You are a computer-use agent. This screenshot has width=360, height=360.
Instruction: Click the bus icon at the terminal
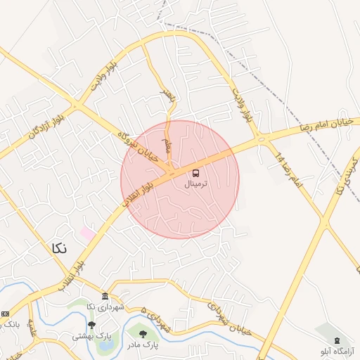click(x=195, y=173)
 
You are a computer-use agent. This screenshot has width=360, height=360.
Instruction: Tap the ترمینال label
click(x=197, y=184)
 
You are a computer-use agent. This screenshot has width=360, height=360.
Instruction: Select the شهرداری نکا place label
click(x=105, y=307)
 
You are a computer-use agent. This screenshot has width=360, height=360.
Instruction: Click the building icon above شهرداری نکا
click(x=105, y=297)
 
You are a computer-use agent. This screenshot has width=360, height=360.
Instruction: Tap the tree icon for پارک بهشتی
click(x=91, y=325)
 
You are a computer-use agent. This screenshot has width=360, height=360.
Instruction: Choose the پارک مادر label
click(x=143, y=345)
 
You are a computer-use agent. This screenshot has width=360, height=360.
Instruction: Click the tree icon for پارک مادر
click(x=143, y=335)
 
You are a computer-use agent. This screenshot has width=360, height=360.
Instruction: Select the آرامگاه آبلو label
click(x=337, y=350)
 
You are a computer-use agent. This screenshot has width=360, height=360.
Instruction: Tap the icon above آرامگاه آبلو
click(x=337, y=340)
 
